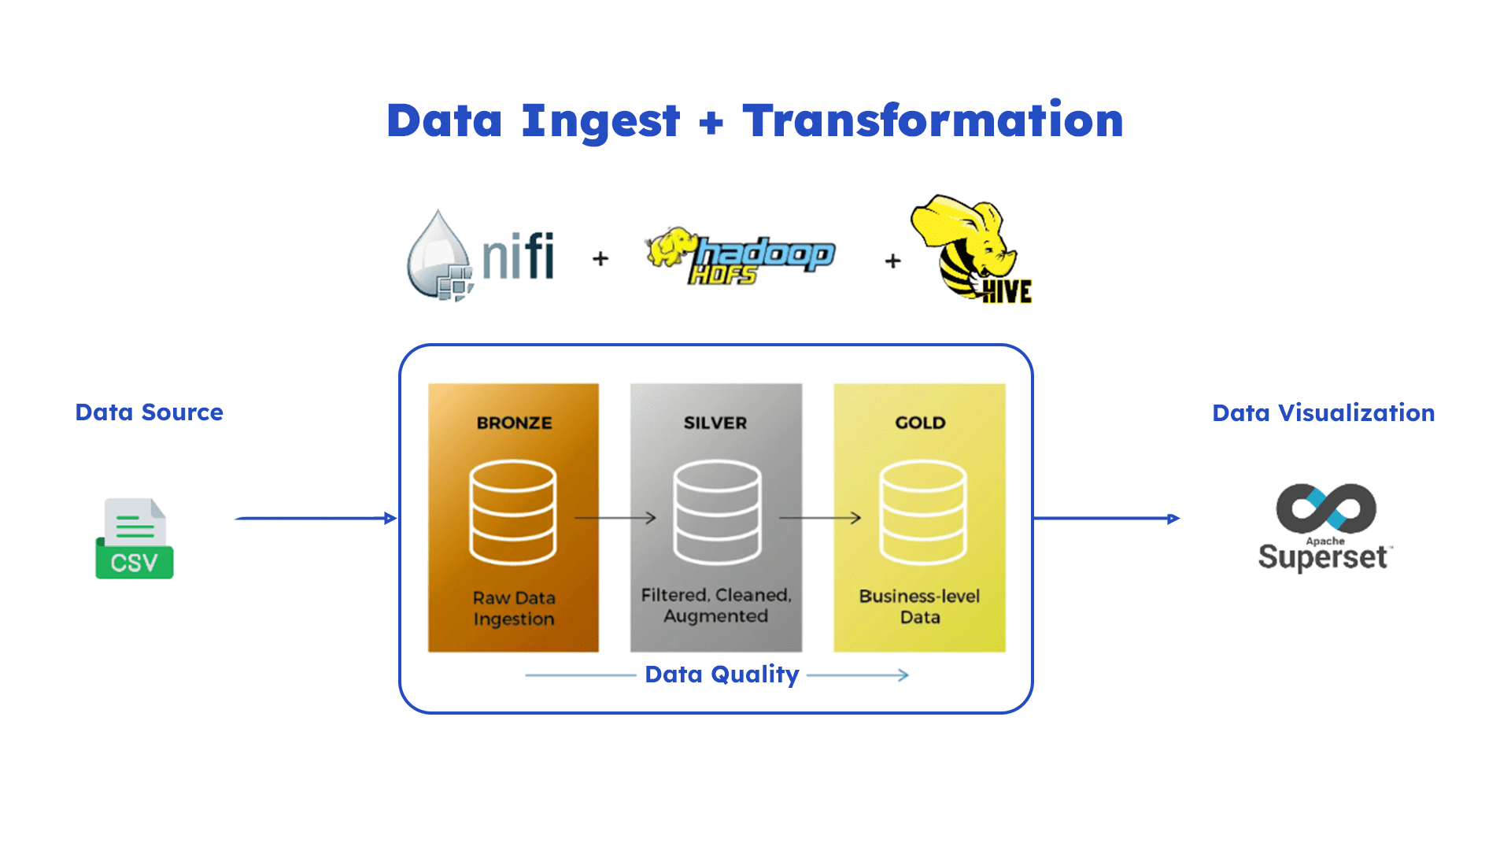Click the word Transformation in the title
click(933, 120)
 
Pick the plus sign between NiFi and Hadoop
click(600, 258)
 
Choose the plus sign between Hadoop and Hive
click(892, 261)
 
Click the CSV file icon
click(135, 539)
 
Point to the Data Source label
click(149, 412)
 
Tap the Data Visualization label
click(1323, 413)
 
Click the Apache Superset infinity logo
click(1326, 508)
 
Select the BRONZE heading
click(514, 423)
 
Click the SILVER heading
click(715, 423)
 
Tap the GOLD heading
click(920, 423)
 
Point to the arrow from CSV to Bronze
click(315, 518)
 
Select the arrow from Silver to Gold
click(819, 518)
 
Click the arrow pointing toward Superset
click(1106, 518)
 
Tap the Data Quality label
click(722, 674)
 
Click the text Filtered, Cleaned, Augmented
click(715, 605)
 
